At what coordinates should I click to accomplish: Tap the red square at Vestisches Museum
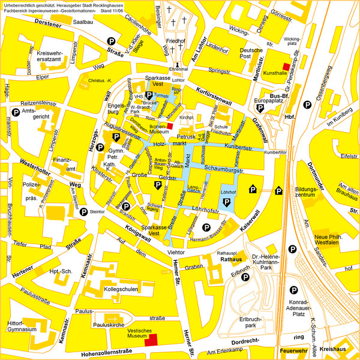(x=152, y=340)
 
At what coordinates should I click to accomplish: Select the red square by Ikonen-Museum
(x=170, y=126)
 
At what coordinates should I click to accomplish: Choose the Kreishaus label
(x=334, y=349)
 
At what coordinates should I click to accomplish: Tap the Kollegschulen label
(x=121, y=289)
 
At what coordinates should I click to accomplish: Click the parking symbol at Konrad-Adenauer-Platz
(x=293, y=287)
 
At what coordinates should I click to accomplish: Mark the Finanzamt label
(x=64, y=164)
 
